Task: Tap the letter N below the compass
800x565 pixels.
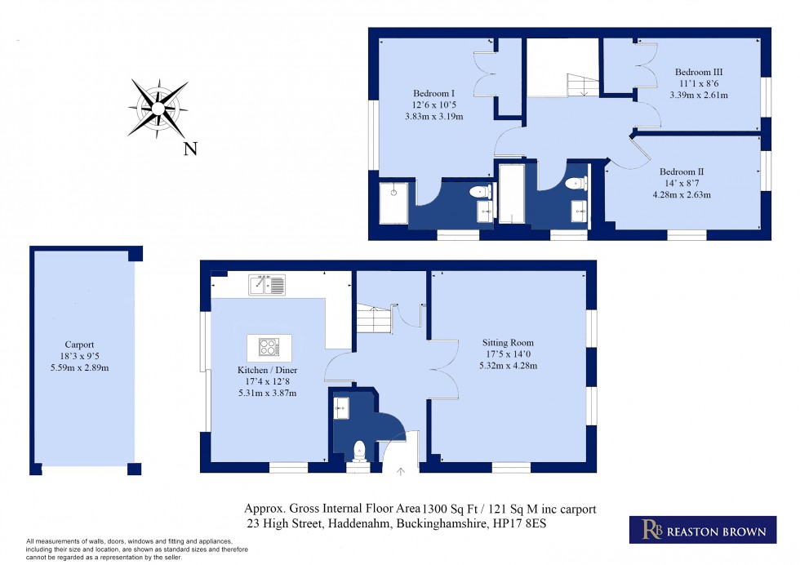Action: click(x=190, y=149)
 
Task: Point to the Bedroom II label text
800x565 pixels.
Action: click(x=682, y=171)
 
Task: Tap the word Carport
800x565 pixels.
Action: click(x=80, y=345)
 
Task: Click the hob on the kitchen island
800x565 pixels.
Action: click(x=269, y=348)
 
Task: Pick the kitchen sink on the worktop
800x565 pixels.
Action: click(x=268, y=285)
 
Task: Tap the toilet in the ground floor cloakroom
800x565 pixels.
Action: click(x=359, y=449)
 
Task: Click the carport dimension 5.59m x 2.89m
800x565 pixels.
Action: click(x=80, y=368)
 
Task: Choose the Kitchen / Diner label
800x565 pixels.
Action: click(x=262, y=369)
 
